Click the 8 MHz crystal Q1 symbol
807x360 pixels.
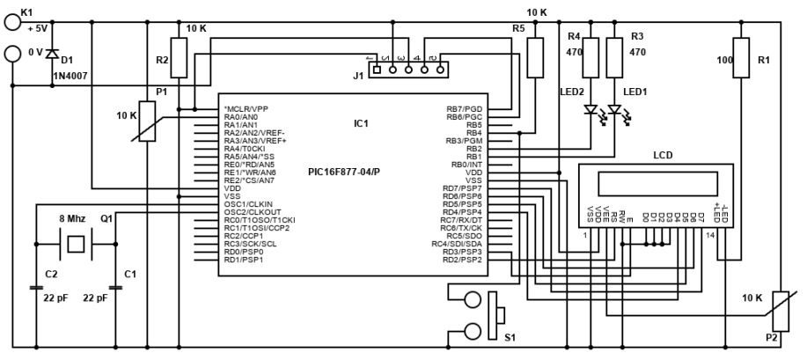[x=76, y=244]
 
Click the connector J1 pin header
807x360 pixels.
[x=406, y=69]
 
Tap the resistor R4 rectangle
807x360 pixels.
[x=591, y=57]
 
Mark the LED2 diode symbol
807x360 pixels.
[x=591, y=112]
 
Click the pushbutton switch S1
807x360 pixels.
[x=496, y=314]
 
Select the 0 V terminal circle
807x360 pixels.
[x=13, y=54]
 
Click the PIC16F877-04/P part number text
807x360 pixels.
[x=344, y=171]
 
